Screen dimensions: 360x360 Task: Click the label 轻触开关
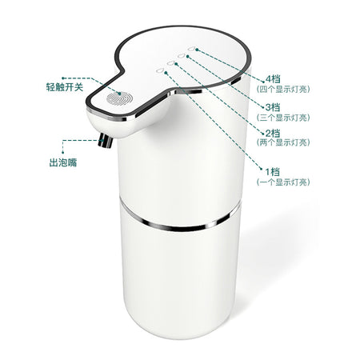click(x=65, y=87)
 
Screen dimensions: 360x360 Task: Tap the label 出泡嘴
click(x=63, y=162)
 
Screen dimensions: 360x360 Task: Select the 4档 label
click(x=273, y=79)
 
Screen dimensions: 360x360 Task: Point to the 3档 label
click(x=273, y=107)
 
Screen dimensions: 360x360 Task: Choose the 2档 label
click(x=273, y=133)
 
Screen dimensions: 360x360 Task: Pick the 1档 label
click(x=273, y=171)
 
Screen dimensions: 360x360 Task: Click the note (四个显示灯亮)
click(x=283, y=90)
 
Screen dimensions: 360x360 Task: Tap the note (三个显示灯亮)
click(x=283, y=118)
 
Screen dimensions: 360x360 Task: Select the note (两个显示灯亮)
click(x=283, y=142)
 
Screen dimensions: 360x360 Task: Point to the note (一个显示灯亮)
click(x=283, y=182)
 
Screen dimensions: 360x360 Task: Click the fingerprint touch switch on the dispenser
click(x=119, y=98)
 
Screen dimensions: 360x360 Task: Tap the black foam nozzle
click(x=106, y=141)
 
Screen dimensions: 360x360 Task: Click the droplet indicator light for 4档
click(x=191, y=49)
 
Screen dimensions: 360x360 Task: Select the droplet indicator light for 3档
click(x=182, y=56)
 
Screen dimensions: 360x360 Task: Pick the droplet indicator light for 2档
click(x=171, y=63)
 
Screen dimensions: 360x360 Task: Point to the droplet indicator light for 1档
click(x=160, y=70)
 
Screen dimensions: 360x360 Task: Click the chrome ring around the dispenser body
click(x=179, y=227)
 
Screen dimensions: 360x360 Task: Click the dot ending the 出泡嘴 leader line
click(x=62, y=153)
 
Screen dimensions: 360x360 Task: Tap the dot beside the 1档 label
click(x=262, y=168)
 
